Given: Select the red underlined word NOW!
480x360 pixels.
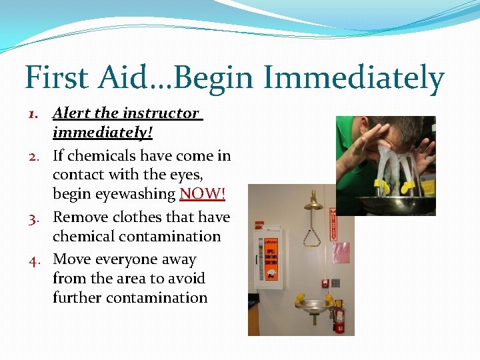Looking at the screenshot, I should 202,194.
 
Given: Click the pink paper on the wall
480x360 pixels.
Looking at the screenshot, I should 341,253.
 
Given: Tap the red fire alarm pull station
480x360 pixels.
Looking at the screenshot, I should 326,283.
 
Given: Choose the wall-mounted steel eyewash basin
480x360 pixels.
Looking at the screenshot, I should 315,306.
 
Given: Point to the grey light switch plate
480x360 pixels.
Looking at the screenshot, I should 336,283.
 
